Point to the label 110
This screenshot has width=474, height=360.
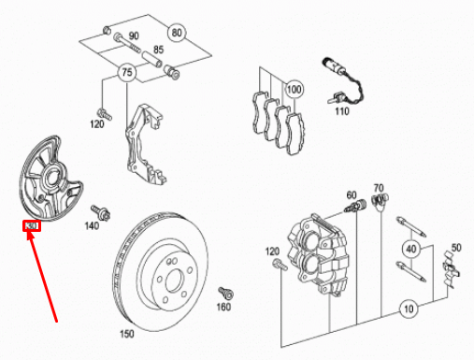342,111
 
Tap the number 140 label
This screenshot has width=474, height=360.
92,226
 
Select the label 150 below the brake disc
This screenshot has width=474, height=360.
126,334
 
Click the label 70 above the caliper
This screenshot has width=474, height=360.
379,187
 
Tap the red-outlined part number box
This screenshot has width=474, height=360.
32,226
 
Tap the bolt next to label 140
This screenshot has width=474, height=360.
97,211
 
